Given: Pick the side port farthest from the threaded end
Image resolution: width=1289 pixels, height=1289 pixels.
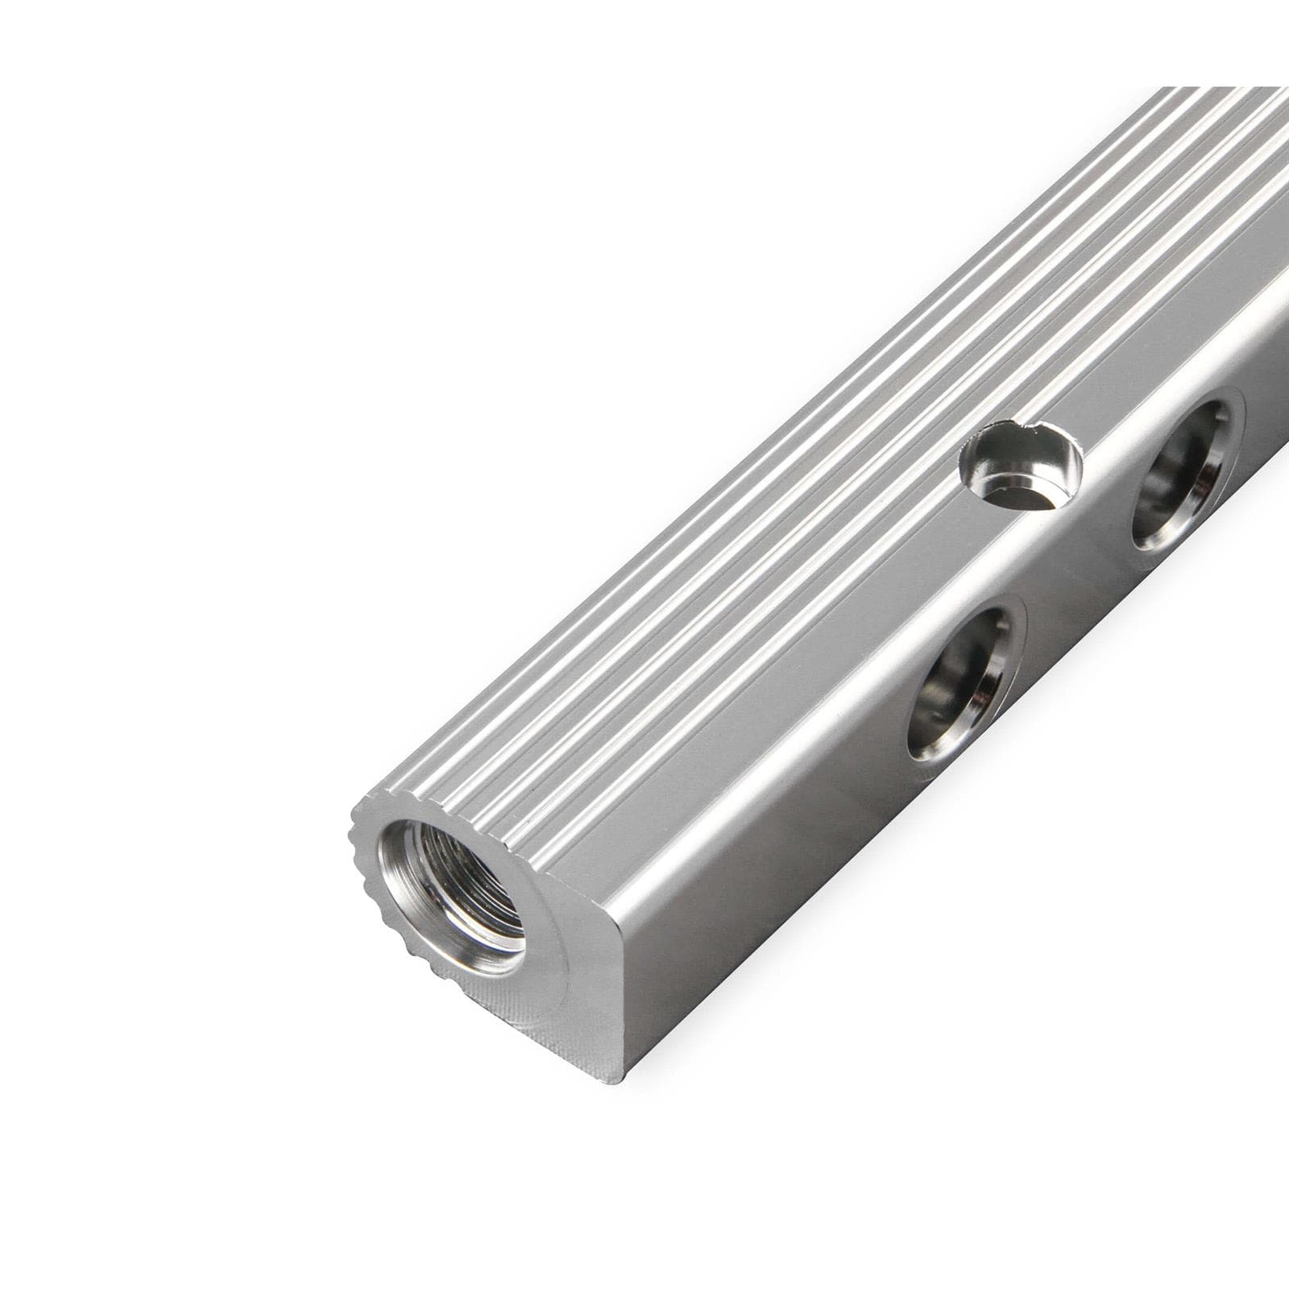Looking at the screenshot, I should point(1184,475).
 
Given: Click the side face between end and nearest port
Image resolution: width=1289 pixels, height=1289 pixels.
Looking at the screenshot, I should point(765,870).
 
